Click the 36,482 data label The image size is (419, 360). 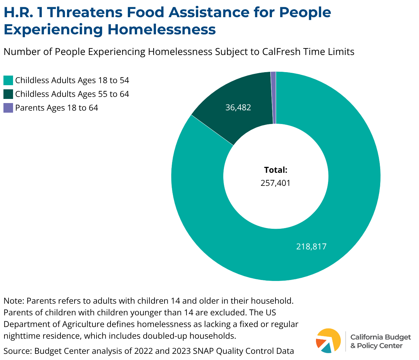238,108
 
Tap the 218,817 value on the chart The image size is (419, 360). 311,246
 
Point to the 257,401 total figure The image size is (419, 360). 275,183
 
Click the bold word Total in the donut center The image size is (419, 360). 275,170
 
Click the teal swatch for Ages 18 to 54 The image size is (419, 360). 8,80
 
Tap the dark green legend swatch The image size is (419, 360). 8,94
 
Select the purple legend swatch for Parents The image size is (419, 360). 8,108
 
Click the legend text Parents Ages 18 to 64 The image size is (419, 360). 57,108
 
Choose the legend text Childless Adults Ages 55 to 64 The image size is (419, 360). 72,94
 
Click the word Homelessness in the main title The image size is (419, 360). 162,30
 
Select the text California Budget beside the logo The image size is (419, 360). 381,337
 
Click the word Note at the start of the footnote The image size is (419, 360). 13,301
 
